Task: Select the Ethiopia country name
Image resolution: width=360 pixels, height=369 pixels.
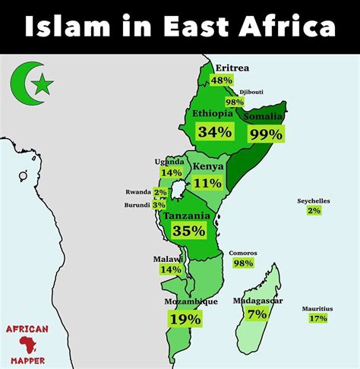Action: [212, 114]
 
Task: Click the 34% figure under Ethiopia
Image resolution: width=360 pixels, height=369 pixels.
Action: [214, 131]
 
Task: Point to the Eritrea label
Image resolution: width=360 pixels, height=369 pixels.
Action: [232, 68]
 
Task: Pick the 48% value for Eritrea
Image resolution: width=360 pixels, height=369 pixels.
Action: [222, 80]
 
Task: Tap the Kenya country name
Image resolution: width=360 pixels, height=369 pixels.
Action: [207, 167]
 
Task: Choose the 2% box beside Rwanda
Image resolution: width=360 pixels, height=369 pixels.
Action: [160, 193]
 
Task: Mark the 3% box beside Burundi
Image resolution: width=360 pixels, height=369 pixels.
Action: [159, 205]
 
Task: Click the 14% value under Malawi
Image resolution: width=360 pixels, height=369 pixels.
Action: [171, 270]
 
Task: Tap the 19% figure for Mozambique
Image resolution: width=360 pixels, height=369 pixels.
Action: [185, 319]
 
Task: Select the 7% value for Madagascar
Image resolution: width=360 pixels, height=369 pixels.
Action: [257, 314]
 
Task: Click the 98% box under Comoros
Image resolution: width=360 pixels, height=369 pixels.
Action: [243, 263]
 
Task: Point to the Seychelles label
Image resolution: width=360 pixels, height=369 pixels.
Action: [314, 201]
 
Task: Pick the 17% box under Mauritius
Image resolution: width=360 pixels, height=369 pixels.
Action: [318, 318]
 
